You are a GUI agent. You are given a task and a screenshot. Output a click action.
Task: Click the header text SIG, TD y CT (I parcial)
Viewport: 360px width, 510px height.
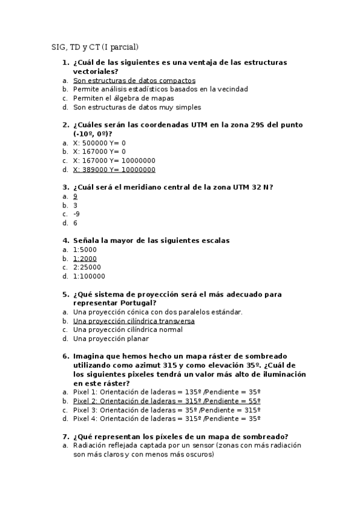tap(95, 47)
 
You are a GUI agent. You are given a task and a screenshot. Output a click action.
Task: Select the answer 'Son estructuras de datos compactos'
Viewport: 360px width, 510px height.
tap(134, 80)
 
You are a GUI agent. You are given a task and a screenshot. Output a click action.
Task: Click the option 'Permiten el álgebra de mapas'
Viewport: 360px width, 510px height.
tap(123, 98)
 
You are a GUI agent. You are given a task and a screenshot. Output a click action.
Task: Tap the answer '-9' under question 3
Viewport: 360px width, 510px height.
tap(76, 214)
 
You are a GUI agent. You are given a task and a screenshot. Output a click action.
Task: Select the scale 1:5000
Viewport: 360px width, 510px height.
tap(85, 250)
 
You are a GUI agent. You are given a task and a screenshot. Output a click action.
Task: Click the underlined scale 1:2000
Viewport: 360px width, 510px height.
tap(85, 259)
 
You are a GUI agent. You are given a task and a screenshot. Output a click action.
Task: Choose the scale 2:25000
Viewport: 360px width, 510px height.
tap(87, 268)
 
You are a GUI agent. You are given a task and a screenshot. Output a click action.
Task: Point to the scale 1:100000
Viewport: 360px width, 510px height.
tap(89, 277)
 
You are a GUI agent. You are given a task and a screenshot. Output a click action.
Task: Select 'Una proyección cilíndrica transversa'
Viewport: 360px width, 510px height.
tap(133, 321)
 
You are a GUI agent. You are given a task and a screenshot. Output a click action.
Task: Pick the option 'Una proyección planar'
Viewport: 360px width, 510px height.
tap(111, 339)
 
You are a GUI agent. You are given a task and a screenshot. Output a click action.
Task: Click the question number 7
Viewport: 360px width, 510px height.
tap(65, 437)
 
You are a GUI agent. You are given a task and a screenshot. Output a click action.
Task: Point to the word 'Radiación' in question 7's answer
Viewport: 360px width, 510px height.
tap(90, 446)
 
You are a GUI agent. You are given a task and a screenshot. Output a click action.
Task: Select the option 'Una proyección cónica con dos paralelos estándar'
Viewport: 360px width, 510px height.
tap(157, 312)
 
